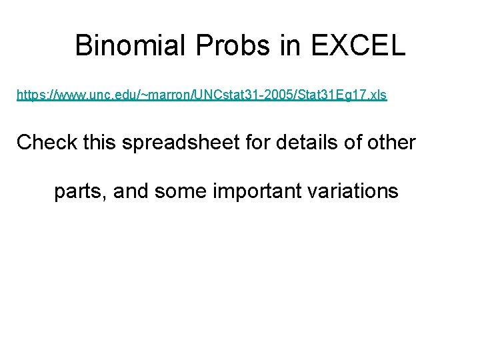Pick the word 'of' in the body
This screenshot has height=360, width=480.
point(349,142)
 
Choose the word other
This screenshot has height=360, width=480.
point(391,142)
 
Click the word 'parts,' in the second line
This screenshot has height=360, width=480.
point(81,192)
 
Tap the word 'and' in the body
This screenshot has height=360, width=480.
point(131,191)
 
